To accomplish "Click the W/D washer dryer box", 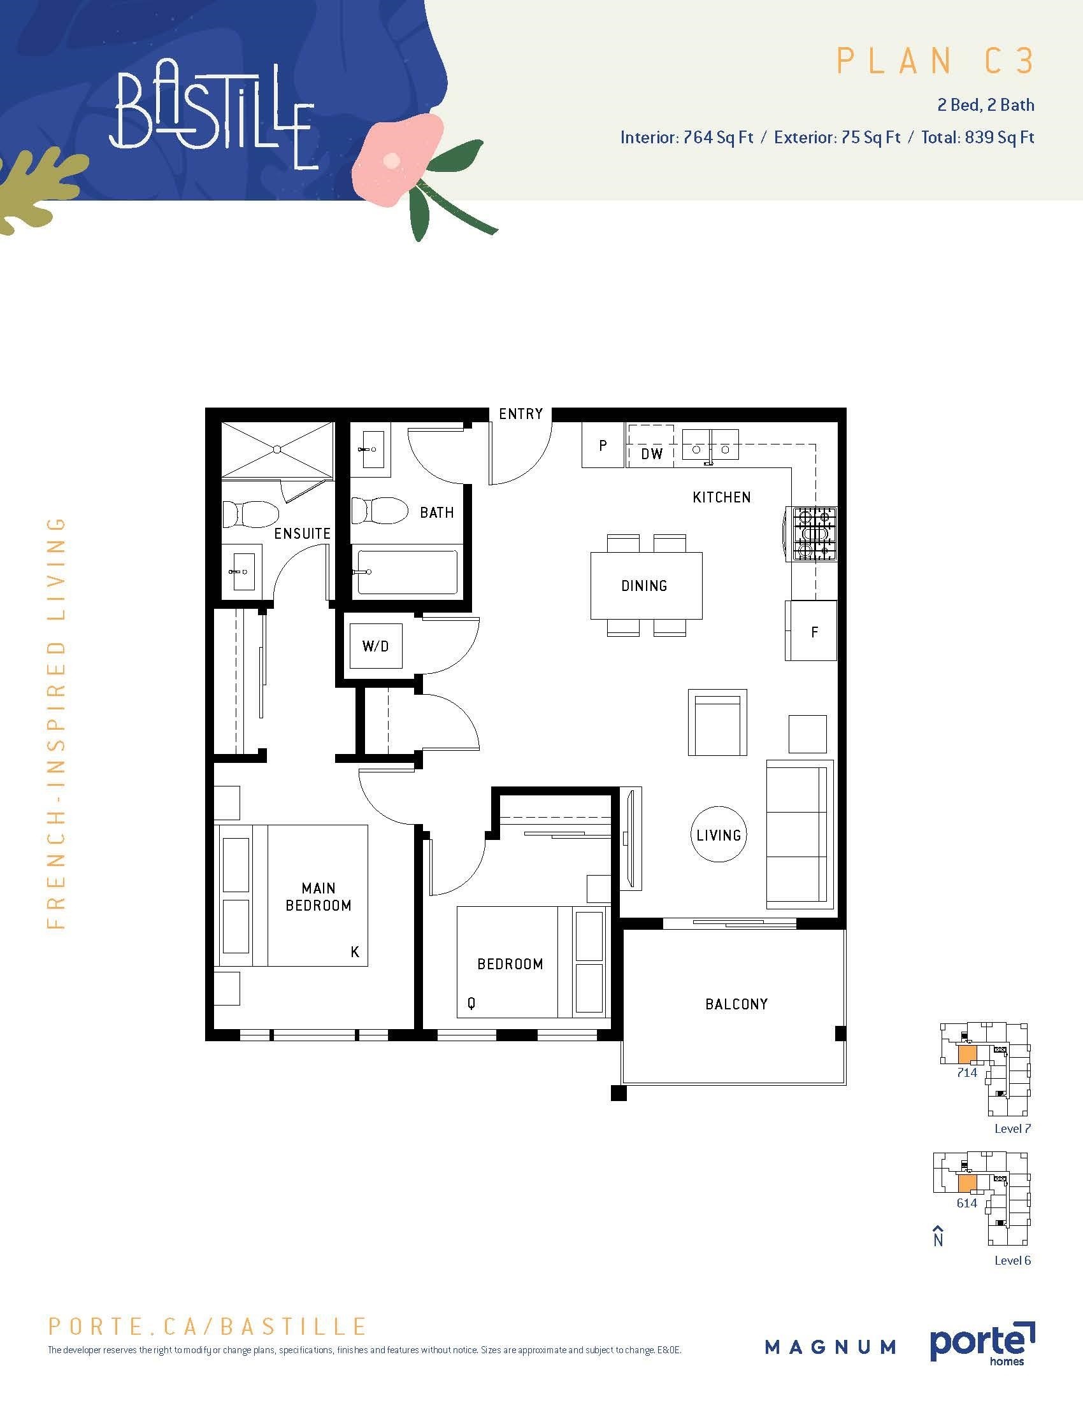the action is coord(376,645).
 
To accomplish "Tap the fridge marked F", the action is coord(811,630).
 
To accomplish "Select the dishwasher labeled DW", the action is coord(651,453).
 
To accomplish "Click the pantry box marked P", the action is coord(603,445).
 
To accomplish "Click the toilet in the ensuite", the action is coord(252,515).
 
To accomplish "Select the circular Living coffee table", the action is coord(719,835).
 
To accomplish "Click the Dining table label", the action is coord(644,586).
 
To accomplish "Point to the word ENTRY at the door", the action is coord(521,414).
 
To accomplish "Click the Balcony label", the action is coord(736,1004).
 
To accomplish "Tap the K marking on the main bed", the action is coord(355,952).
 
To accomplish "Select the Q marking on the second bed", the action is coord(471,1003).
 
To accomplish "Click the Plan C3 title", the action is coord(935,62).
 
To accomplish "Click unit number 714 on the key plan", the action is coord(966,1072).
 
